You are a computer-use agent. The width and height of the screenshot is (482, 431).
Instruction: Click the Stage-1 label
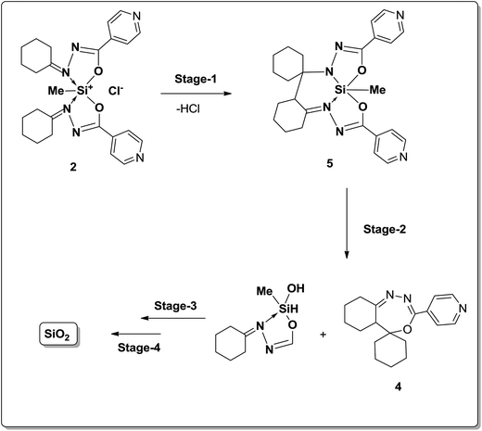196,79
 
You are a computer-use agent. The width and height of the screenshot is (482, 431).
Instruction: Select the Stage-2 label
385,229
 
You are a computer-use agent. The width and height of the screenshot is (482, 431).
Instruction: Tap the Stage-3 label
175,306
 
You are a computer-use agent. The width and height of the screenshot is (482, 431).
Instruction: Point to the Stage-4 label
139,348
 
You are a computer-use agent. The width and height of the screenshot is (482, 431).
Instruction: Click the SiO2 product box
57,335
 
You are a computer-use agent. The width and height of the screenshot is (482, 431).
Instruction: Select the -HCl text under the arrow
188,109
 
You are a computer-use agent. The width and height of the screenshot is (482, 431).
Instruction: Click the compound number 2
73,167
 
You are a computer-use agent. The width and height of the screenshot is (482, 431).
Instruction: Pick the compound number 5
330,163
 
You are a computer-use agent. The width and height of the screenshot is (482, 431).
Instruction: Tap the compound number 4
399,387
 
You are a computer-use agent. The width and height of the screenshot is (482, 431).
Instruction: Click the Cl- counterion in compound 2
116,91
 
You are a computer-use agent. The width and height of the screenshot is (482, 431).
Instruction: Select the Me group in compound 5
377,90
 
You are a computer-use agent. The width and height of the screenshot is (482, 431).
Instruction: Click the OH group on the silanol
296,288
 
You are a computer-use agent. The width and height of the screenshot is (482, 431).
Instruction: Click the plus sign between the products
323,335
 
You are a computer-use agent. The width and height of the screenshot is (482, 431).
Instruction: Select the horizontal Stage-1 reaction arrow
197,94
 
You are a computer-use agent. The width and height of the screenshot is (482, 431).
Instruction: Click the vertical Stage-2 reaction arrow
347,223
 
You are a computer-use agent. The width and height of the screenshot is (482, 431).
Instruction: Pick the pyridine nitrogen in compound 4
463,308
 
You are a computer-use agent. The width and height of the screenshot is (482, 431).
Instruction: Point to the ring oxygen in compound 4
408,329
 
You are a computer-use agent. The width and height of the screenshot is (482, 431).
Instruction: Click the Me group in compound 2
56,91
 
